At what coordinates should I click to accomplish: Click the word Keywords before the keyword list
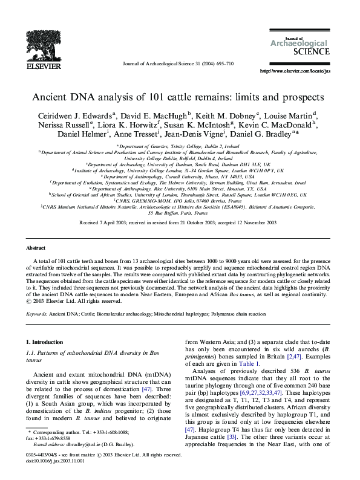pos(36,314)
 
